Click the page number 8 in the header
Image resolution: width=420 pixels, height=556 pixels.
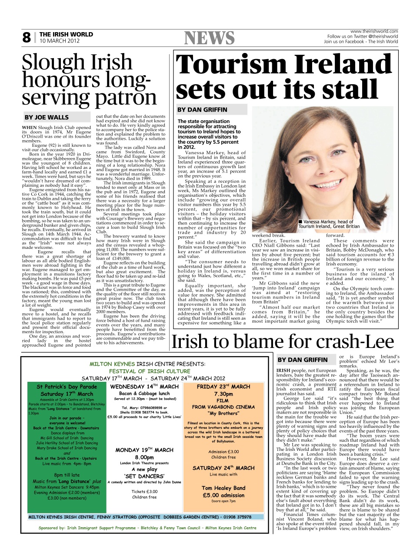pyautogui.click(x=27, y=38)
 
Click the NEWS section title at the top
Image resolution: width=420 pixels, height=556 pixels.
pyautogui.click(x=209, y=38)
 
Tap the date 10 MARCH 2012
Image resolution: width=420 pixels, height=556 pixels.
pyautogui.click(x=60, y=41)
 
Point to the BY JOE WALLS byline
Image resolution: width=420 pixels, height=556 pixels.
pyautogui.click(x=47, y=117)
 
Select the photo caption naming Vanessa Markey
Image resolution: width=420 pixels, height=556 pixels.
pyautogui.click(x=329, y=224)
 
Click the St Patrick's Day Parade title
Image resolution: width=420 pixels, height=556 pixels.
pyautogui.click(x=67, y=387)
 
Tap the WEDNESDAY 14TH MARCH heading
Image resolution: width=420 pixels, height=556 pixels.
pyautogui.click(x=144, y=387)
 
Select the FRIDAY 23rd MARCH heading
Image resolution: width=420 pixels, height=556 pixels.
pyautogui.click(x=223, y=387)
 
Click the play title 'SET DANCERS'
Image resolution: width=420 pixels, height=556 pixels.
pyautogui.click(x=144, y=476)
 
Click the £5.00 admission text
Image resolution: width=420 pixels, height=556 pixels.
pyautogui.click(x=223, y=495)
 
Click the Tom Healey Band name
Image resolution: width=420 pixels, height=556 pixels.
pyautogui.click(x=223, y=488)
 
